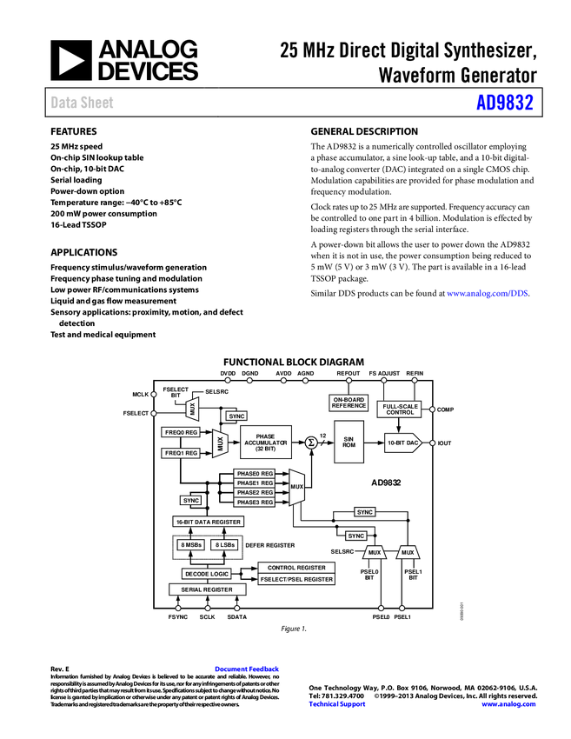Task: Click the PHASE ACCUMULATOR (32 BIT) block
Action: (265, 443)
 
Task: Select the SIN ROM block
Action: (349, 443)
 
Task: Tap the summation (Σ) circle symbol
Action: (311, 443)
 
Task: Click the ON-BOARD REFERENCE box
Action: (349, 403)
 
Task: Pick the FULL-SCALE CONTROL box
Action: (400, 409)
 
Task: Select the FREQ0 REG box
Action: (181, 432)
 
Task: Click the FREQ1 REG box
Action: (181, 453)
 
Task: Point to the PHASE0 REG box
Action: (255, 474)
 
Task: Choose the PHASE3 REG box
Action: (255, 503)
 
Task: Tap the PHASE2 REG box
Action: (255, 493)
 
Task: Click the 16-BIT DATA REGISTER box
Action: (208, 522)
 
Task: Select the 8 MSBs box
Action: (191, 545)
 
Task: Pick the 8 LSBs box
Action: (224, 545)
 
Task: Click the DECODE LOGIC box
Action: (207, 574)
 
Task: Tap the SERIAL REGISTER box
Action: (207, 589)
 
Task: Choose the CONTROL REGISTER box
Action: (296, 568)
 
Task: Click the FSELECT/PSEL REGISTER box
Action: (296, 579)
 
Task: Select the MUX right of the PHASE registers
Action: (297, 488)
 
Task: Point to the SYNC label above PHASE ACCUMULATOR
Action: (236, 416)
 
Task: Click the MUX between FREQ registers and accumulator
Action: (220, 443)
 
